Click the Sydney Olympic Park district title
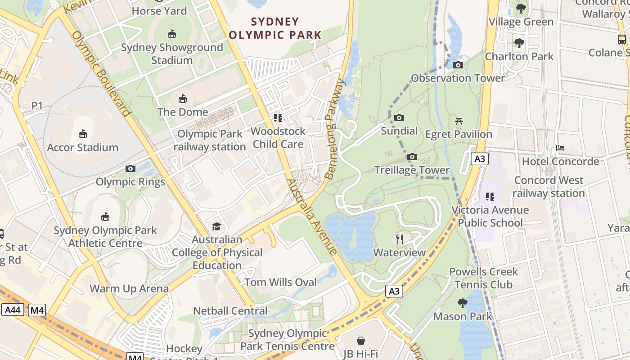275,28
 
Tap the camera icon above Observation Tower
458,65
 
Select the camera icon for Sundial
399,118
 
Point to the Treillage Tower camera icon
412,157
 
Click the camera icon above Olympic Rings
130,169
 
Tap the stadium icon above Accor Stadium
83,134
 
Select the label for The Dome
183,112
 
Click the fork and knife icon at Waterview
399,239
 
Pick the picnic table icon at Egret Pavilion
459,121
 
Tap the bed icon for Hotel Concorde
560,148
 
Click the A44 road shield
13,310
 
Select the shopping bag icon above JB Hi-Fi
360,341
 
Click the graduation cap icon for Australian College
217,226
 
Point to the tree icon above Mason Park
462,303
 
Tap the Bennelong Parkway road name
335,130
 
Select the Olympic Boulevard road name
101,74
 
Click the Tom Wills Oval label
280,282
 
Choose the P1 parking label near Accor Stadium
37,106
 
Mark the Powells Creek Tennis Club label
483,278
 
